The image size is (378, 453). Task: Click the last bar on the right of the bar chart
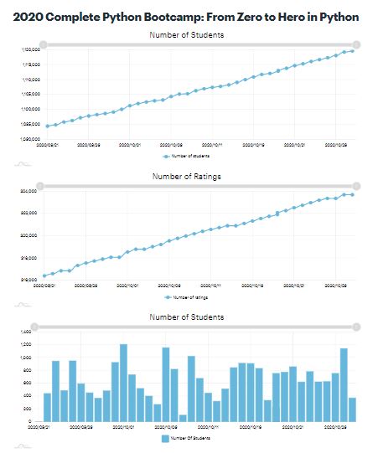(x=352, y=409)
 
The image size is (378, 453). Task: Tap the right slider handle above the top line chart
(x=357, y=44)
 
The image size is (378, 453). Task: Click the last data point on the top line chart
(x=352, y=51)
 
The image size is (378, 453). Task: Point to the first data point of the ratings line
(x=44, y=275)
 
